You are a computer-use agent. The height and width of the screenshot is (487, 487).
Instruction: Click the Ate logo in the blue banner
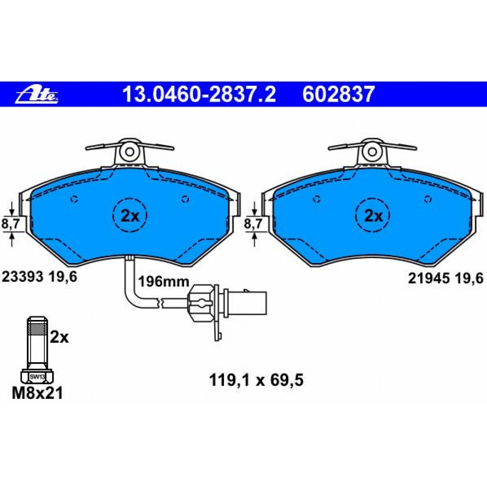coord(37,95)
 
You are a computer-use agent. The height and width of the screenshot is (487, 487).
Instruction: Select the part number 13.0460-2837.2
coord(199,94)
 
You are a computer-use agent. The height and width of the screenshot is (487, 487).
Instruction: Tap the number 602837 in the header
coord(339,94)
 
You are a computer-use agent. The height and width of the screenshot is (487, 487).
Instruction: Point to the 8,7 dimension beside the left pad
coord(11,224)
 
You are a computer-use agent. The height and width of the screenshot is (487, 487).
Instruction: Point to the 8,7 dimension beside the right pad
coord(253,224)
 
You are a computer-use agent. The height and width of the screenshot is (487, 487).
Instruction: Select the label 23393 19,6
coord(39,277)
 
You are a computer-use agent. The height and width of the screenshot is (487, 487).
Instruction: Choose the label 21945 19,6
coord(446,278)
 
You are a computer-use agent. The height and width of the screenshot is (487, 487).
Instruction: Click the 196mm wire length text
coord(164,281)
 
